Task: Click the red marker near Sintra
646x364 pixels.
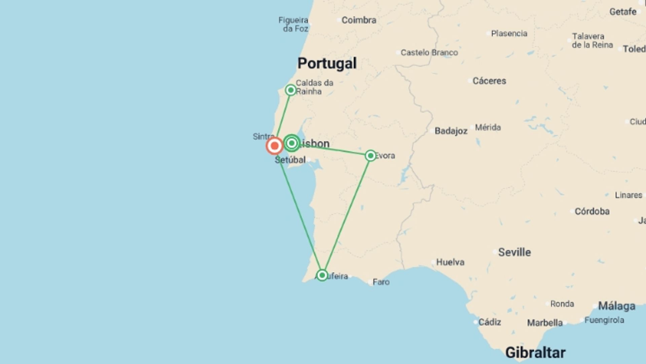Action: (275, 146)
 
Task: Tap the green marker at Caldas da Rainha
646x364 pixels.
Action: (290, 90)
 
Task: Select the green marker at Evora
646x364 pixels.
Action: (370, 155)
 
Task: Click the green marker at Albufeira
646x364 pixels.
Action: (322, 275)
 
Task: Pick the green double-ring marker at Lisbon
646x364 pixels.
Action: (292, 143)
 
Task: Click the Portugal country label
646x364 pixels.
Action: (327, 63)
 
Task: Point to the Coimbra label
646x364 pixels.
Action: (359, 20)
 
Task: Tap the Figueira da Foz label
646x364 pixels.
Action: (294, 24)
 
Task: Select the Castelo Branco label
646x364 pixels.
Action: (429, 53)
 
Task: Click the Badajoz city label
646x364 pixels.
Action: (451, 131)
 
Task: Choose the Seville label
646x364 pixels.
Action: (514, 252)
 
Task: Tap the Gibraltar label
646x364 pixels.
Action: (535, 353)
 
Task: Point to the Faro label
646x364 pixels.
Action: (381, 282)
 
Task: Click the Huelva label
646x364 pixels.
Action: (450, 262)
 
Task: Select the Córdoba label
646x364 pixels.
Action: (592, 211)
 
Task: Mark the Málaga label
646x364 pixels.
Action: (616, 306)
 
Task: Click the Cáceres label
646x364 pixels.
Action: (489, 81)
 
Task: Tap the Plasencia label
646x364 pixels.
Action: (509, 33)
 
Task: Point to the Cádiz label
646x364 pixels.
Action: (490, 322)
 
